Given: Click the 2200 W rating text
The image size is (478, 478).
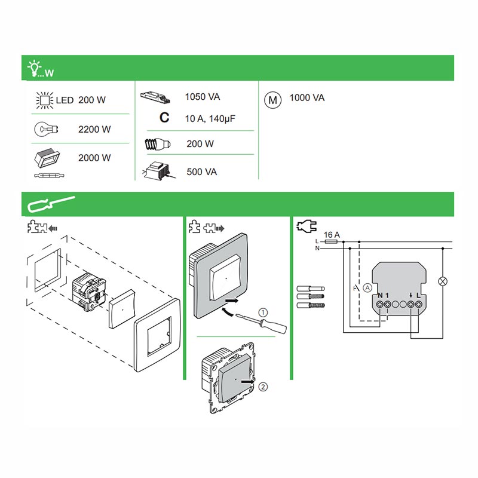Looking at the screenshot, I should click(x=94, y=129).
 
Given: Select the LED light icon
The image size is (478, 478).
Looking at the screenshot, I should click(x=44, y=100).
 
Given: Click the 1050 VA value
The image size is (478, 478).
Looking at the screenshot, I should click(x=203, y=97).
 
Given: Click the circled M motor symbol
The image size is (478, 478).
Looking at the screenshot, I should click(x=272, y=100).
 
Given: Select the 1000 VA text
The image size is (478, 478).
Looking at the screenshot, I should click(x=307, y=97).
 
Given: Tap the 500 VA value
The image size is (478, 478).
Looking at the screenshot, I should click(x=201, y=172).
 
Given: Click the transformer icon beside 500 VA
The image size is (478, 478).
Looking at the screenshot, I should click(x=158, y=171).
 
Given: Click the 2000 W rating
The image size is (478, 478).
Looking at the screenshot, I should click(x=94, y=158).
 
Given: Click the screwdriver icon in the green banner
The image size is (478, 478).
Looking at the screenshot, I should click(x=50, y=205).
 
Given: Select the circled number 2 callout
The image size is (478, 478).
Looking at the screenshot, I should click(x=264, y=386).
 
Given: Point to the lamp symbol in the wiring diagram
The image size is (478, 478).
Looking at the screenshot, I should click(x=443, y=281).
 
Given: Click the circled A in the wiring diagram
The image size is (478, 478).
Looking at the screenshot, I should click(x=367, y=287).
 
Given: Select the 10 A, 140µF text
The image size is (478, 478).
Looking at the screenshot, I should click(x=210, y=119).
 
